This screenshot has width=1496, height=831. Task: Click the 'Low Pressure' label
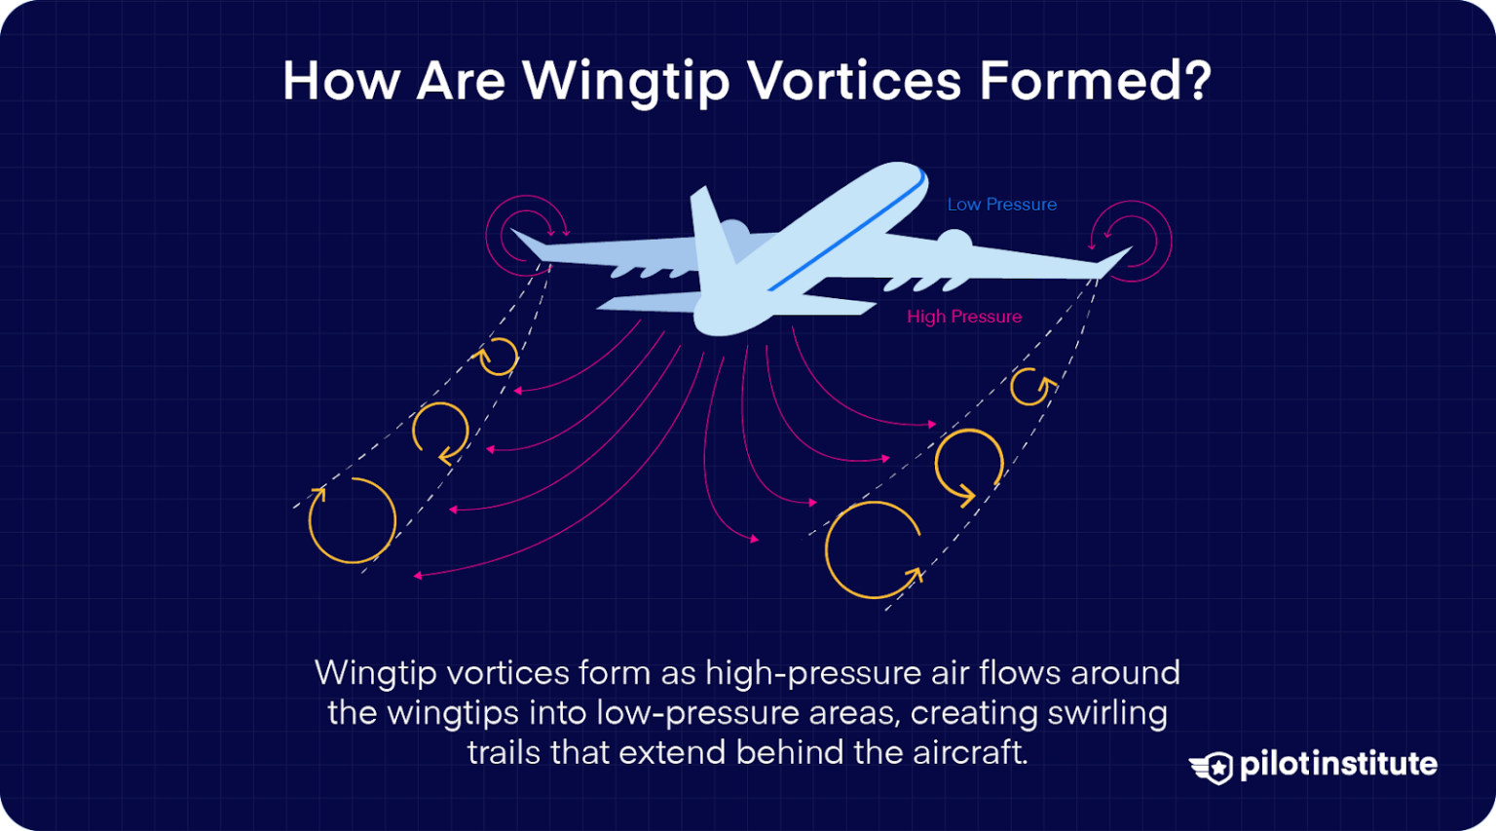point(1001,205)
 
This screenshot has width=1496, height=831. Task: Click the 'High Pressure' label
point(964,317)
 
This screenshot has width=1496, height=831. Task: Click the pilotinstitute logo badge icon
point(1212,767)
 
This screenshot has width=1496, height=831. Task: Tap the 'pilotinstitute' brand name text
point(1338,764)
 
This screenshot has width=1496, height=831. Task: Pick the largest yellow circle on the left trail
point(352,520)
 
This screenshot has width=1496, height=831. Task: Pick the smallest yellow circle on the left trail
point(498,357)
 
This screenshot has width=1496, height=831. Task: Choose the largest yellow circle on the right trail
point(873,550)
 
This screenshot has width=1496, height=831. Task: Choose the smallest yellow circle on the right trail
point(1029,387)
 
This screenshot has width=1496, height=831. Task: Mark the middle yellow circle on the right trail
point(968,464)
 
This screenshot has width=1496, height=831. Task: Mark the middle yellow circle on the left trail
point(440,431)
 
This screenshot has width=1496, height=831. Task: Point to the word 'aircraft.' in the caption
point(970,753)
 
